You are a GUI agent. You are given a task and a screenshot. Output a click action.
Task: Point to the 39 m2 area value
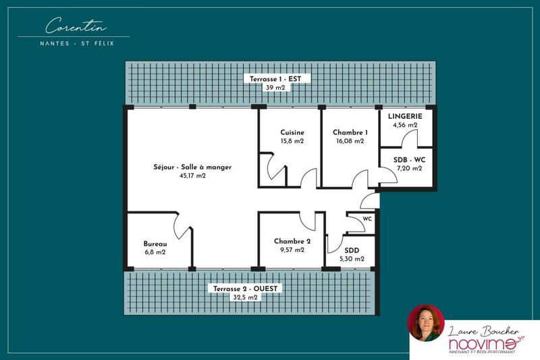coord(274,88)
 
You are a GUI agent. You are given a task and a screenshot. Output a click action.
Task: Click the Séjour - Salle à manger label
coord(192,166)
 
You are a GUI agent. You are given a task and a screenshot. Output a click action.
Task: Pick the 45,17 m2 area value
coord(192,176)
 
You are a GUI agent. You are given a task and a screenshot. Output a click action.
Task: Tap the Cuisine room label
coord(292,132)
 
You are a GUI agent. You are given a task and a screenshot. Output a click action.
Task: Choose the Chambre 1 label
coord(350,132)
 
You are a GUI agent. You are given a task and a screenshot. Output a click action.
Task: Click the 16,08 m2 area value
coord(350,142)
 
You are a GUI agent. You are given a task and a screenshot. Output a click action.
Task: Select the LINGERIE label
coord(405,115)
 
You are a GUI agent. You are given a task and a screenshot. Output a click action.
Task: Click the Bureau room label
coord(155,243)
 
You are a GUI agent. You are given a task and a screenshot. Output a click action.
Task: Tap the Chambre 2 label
coord(292,241)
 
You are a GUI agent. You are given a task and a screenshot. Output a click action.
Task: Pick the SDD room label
coord(351,249)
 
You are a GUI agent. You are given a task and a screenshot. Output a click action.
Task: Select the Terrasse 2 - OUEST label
coord(245,288)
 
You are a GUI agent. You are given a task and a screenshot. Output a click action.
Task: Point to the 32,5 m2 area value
coord(245,297)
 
